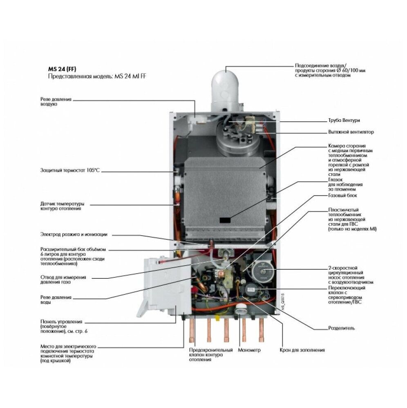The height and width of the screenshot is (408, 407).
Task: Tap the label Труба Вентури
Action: (x=344, y=120)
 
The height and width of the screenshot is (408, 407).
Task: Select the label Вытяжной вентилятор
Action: (x=351, y=132)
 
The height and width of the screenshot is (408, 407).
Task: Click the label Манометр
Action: (x=249, y=350)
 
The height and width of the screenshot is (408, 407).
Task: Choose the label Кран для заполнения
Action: (x=302, y=350)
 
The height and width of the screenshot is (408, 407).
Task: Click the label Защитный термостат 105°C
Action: (x=70, y=170)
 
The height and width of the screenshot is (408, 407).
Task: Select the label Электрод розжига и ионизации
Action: (x=74, y=234)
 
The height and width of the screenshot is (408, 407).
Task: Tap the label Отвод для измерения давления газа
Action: (x=63, y=280)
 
